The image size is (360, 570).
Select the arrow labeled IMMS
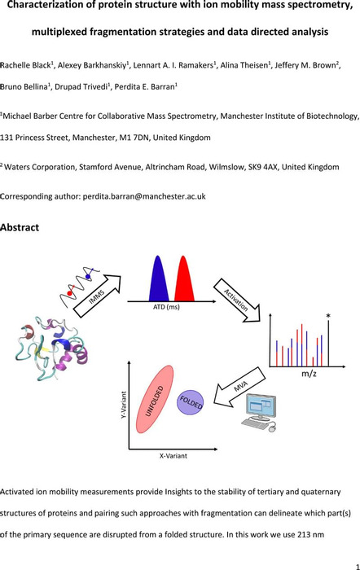pyautogui.click(x=97, y=295)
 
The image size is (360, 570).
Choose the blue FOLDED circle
pyautogui.click(x=190, y=402)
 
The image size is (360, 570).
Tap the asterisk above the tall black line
pyautogui.click(x=328, y=316)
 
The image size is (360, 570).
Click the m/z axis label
pyautogui.click(x=309, y=373)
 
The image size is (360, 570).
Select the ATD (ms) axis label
pyautogui.click(x=166, y=307)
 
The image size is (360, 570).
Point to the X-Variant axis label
pyautogui.click(x=173, y=455)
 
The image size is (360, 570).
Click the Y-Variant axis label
pyautogui.click(x=123, y=404)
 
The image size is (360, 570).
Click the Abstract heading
pyautogui.click(x=20, y=227)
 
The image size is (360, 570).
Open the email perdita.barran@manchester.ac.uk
pyautogui.click(x=144, y=196)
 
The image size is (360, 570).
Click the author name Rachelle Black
pyautogui.click(x=25, y=65)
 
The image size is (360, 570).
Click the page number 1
pyautogui.click(x=358, y=567)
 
